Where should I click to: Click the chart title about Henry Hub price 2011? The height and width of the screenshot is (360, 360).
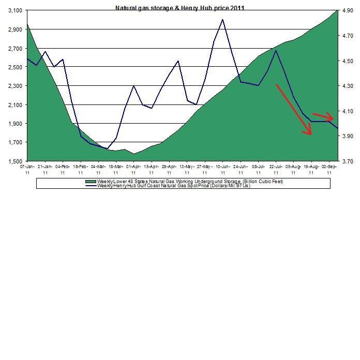[x=179, y=8]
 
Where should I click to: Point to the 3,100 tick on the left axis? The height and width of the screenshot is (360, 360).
[x=14, y=11]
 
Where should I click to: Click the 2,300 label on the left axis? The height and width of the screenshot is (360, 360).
[x=14, y=86]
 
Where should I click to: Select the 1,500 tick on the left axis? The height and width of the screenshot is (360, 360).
[x=14, y=161]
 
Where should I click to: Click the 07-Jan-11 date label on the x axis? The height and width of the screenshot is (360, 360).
[x=27, y=170]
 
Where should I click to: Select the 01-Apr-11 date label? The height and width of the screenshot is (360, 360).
[x=134, y=170]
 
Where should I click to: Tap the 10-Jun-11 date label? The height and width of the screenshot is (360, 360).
[x=223, y=170]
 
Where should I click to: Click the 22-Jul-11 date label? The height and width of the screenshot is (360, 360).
[x=276, y=170]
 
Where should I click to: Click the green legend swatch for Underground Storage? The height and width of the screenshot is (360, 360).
[x=92, y=182]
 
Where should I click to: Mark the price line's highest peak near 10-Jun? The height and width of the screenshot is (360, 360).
[x=222, y=20]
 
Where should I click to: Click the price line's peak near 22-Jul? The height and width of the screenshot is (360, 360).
[x=276, y=50]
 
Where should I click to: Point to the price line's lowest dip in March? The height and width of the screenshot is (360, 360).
[x=107, y=149]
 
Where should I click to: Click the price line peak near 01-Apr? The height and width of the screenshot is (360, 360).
[x=134, y=86]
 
